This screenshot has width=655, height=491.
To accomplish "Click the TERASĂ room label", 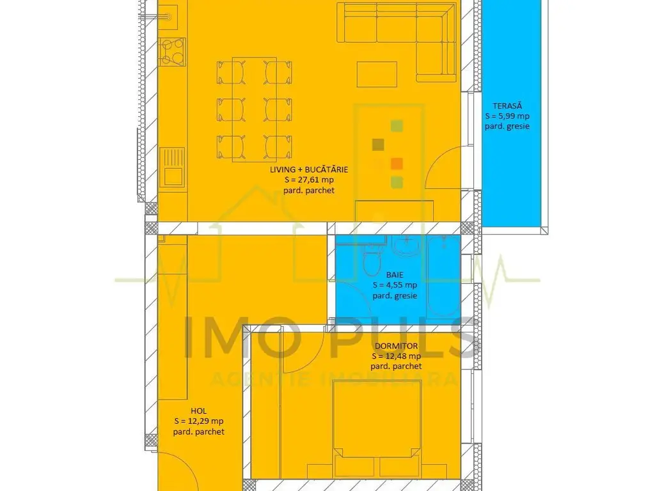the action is coord(507,106).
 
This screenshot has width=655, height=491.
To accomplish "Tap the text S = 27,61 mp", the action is coord(309,180).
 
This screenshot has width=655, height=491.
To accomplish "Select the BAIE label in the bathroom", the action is coord(395,275).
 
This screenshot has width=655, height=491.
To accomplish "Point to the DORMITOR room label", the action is coord(396,346).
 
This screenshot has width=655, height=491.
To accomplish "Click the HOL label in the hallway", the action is coord(198,411).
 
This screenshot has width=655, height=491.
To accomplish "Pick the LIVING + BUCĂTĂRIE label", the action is coord(309,169).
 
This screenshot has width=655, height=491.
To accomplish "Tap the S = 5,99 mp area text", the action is coord(507,116).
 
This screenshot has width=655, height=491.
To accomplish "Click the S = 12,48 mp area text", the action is coord(396,356).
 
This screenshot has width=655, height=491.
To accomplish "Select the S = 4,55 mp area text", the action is coord(395,285).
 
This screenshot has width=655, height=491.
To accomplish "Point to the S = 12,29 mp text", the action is coord(198,421).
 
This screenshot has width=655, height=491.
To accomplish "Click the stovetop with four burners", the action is coord(171,52).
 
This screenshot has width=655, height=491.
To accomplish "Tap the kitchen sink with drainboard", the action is coord(171,167).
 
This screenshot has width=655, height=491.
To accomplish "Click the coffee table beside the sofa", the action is coord(377,74).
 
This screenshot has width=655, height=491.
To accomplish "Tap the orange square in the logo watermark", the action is coord(397,163).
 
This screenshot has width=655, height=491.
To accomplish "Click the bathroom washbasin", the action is coord(405,245).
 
